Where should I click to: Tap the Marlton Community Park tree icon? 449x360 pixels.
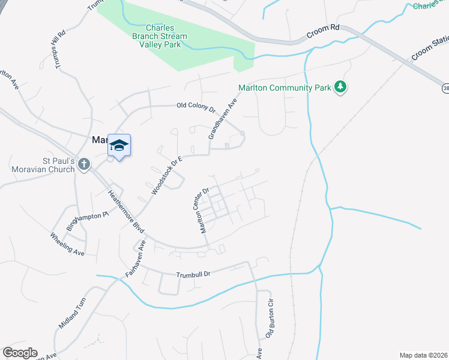pos(340,88)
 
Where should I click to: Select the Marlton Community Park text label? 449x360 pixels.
pos(285,88)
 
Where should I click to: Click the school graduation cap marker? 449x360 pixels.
pos(119,146)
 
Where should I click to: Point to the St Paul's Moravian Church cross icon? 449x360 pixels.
pos(83,163)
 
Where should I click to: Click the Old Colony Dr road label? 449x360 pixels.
pos(196,107)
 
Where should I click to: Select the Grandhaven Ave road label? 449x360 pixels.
pos(223,119)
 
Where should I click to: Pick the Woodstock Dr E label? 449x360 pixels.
pos(166,175)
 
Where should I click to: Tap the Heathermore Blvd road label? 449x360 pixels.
pos(127,209)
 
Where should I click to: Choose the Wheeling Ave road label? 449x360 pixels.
pos(67,244)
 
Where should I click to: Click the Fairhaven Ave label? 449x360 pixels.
pos(136,257)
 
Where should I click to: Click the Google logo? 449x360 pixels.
pos(20,353)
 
